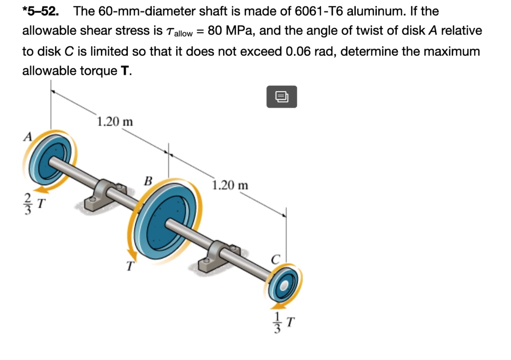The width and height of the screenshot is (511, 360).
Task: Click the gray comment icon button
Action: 282,96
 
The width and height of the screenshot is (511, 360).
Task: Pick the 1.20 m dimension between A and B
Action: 114,122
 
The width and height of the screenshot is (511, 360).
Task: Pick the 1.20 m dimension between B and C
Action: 230,185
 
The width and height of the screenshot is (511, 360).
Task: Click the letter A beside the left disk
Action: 28,136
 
